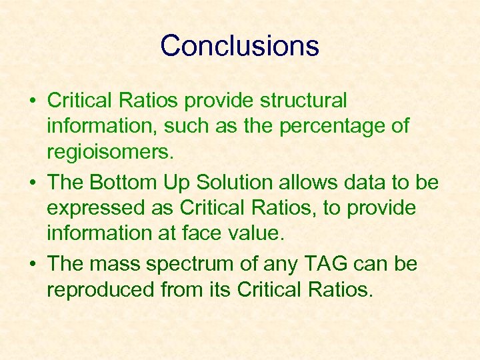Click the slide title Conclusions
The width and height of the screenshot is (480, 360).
point(239,46)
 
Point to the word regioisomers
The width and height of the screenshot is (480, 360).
point(109,153)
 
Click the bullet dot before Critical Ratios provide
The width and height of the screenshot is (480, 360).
point(31,101)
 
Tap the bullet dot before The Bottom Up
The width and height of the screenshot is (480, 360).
point(31,183)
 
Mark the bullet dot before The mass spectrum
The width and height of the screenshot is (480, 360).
point(31,265)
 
